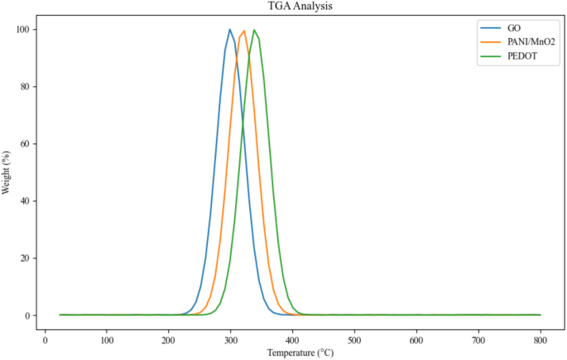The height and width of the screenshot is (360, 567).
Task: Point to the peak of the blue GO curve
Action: point(230,30)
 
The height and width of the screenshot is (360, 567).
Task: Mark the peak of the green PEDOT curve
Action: point(255,31)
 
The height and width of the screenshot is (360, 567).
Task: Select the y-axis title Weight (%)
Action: point(7,172)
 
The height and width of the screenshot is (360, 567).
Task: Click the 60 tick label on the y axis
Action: point(28,144)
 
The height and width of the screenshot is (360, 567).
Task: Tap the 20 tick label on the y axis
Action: point(28,258)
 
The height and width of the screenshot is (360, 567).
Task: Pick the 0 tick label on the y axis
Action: point(31,315)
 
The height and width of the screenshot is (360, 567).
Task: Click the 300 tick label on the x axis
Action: point(231,339)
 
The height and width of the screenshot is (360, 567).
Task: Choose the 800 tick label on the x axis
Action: point(541,339)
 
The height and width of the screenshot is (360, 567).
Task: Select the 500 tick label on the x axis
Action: point(354,339)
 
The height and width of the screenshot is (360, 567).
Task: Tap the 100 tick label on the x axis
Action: point(107,339)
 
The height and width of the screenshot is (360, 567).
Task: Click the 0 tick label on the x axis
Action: point(45,339)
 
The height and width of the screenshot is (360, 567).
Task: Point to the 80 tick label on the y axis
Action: point(28,87)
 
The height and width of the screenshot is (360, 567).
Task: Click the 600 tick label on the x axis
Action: point(416,339)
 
